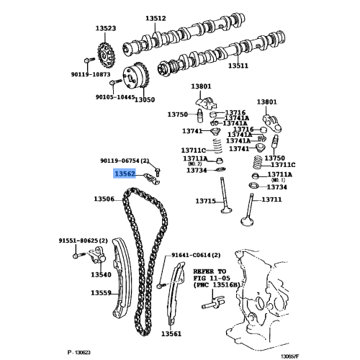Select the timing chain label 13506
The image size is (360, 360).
104,199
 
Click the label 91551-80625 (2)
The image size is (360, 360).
83,240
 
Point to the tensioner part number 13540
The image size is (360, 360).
101,274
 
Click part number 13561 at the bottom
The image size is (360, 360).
171,334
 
